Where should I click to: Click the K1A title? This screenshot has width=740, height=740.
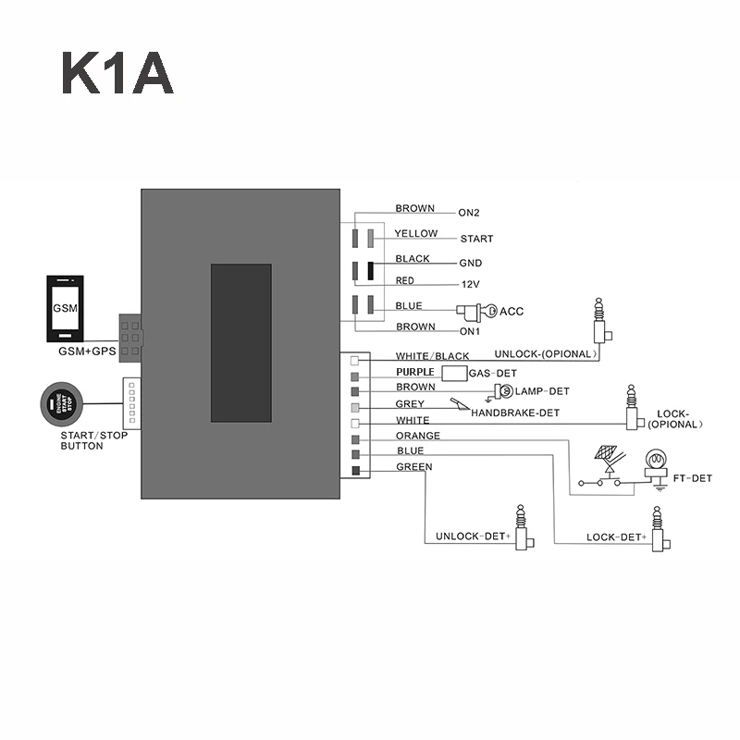[117, 74]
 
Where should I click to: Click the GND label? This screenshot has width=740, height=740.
[470, 264]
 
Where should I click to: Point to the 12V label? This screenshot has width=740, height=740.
[470, 285]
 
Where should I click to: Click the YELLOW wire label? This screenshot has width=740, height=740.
[416, 234]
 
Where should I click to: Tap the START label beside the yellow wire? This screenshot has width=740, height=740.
[476, 239]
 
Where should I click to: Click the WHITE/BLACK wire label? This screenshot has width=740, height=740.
[432, 356]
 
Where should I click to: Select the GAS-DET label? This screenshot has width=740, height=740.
[485, 374]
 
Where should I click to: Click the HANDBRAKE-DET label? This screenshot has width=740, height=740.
[515, 413]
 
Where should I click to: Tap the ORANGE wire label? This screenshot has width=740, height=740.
[418, 436]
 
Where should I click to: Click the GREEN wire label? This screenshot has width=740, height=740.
[413, 467]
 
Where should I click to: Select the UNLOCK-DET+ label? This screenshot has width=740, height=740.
[474, 537]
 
